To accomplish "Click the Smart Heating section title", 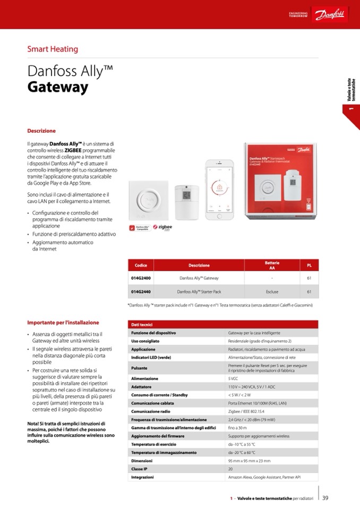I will tap(53, 49).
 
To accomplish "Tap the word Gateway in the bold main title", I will tap(57, 88).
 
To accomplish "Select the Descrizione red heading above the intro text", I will tap(41, 131).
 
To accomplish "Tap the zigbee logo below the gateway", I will tap(162, 227).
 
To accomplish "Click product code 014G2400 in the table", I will tap(141, 278).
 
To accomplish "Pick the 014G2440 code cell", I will tap(141, 291).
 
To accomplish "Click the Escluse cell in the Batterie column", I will tap(272, 291).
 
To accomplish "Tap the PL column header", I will tap(309, 265).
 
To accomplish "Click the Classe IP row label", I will tap(140, 469).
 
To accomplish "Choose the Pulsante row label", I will tap(139, 368).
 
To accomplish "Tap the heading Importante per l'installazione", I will tap(63, 322).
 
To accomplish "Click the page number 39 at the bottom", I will tap(325, 498).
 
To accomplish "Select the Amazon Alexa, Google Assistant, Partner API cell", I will tap(264, 478).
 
